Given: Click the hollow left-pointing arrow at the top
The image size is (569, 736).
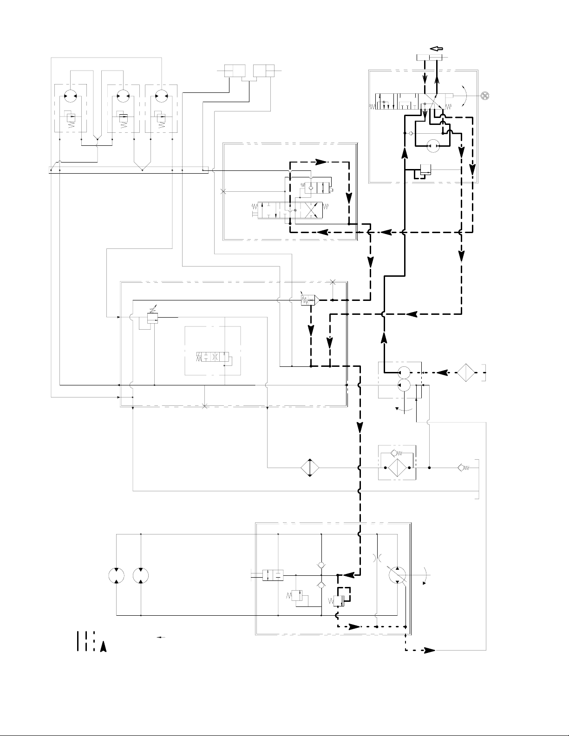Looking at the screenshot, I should click(437, 48).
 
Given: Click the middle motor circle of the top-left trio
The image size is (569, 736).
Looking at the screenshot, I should click(123, 96).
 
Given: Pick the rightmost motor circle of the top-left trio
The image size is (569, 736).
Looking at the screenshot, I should click(161, 96).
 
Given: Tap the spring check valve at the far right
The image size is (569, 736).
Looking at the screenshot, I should click(463, 468).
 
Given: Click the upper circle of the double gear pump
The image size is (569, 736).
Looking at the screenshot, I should click(403, 372).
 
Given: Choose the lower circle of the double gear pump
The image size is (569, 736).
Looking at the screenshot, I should click(403, 384).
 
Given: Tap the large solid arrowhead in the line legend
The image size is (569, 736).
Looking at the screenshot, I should click(104, 646).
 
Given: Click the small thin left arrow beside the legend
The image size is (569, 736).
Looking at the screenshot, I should click(162, 638).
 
